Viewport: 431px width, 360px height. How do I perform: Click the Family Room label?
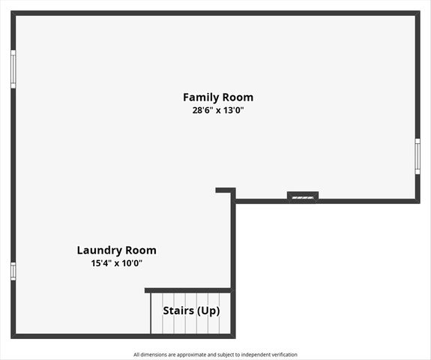(x=218, y=97)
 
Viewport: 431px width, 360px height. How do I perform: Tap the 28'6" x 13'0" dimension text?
(x=218, y=110)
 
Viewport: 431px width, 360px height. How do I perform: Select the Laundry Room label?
(x=116, y=250)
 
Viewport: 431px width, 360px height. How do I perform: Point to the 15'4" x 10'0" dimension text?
(x=116, y=263)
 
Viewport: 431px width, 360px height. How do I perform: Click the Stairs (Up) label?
(x=191, y=310)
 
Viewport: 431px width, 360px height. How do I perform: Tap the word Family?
(x=200, y=97)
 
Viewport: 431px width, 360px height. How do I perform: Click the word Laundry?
(x=100, y=250)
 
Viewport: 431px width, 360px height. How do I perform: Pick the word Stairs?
(x=178, y=310)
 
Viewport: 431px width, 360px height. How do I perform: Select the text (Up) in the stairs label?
(x=208, y=310)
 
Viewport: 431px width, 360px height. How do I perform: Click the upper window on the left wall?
(x=13, y=69)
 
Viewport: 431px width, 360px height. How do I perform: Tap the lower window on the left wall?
(x=13, y=271)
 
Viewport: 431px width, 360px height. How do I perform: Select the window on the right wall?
(x=418, y=157)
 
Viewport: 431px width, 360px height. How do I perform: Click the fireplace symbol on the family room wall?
(x=303, y=196)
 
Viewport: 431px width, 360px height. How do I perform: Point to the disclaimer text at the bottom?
(x=215, y=355)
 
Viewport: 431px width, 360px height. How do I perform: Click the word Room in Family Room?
(x=238, y=97)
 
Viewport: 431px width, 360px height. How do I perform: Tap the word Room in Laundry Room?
(x=142, y=250)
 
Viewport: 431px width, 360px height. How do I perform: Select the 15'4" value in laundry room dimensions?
(x=100, y=263)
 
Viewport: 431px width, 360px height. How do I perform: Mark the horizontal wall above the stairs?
(x=188, y=290)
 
